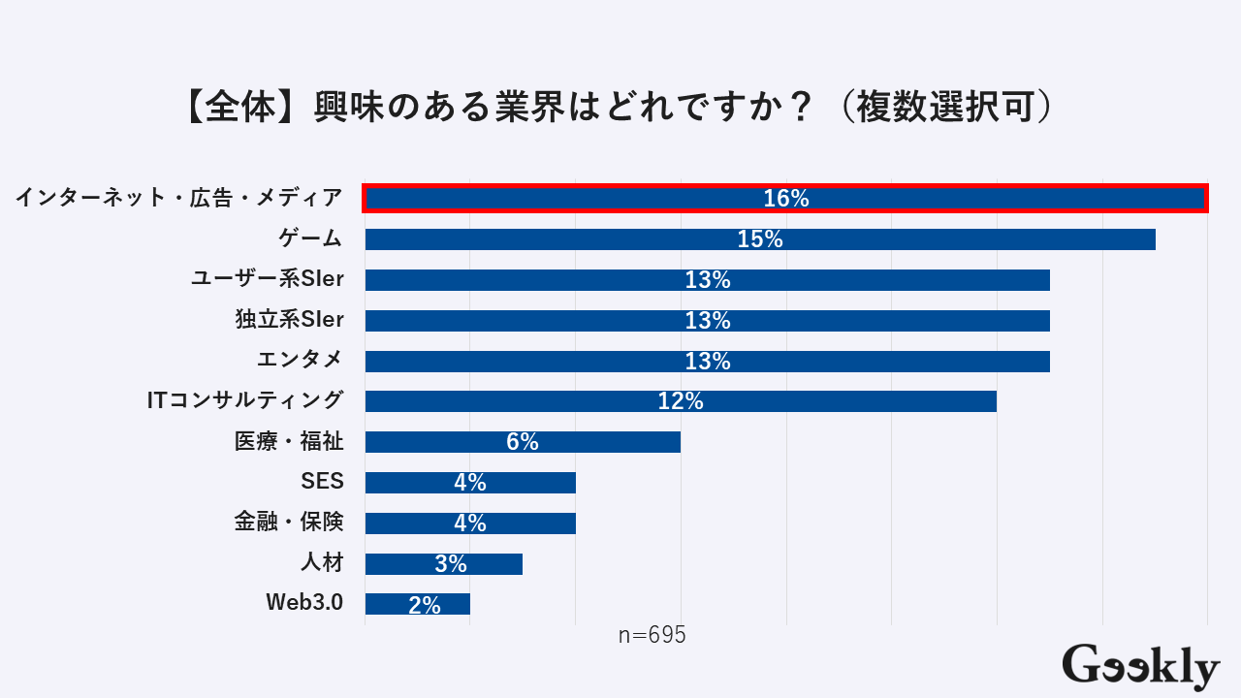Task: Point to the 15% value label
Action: pyautogui.click(x=760, y=239)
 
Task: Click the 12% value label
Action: pyautogui.click(x=681, y=401)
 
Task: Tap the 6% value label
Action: pyautogui.click(x=523, y=442)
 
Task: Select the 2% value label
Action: pyautogui.click(x=425, y=605)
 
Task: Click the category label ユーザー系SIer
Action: pyautogui.click(x=268, y=279)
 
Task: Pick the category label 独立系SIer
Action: pyautogui.click(x=289, y=319)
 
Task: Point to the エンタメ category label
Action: pyautogui.click(x=300, y=360)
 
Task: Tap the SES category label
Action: pyautogui.click(x=323, y=482)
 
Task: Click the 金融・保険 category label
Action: pyautogui.click(x=289, y=522)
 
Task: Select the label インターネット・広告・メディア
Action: pyautogui.click(x=179, y=198)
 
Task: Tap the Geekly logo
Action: pyautogui.click(x=1140, y=666)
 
